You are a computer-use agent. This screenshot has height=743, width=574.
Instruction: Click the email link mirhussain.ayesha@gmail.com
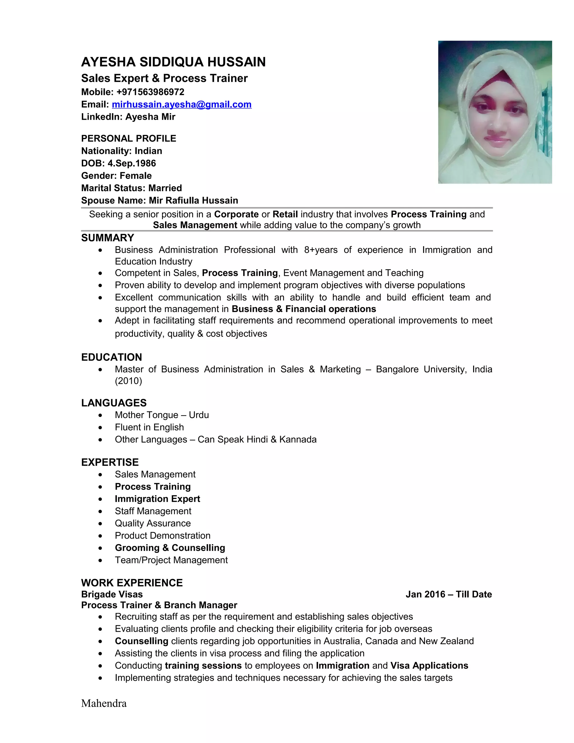point(182,105)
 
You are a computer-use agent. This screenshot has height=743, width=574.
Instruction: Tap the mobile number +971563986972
point(150,92)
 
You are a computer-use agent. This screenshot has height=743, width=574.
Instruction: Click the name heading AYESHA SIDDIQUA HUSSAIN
point(173,62)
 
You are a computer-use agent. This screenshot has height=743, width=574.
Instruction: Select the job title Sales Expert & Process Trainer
point(164,78)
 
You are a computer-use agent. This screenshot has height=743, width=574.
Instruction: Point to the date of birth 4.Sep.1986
point(132,163)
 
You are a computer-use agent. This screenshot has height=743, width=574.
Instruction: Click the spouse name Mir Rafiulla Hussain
point(193,200)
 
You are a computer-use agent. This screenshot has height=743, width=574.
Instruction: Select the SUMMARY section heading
point(107,238)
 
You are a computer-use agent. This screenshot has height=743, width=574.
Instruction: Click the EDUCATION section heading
point(112,357)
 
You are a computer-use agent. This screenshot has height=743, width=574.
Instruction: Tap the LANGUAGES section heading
point(114,403)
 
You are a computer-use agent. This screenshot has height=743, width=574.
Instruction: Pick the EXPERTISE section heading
point(110,462)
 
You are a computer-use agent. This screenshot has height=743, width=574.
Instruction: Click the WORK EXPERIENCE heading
point(132,583)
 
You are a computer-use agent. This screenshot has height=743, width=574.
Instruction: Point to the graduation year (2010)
point(128,381)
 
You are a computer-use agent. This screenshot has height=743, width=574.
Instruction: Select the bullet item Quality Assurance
point(153,523)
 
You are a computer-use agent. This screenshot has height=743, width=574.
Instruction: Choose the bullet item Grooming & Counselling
point(170,548)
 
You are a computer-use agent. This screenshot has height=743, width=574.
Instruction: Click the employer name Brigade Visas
point(112,594)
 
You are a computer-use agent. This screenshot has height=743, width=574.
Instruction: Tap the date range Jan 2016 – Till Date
point(448,594)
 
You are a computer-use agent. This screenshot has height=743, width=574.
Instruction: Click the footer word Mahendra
point(104,703)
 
